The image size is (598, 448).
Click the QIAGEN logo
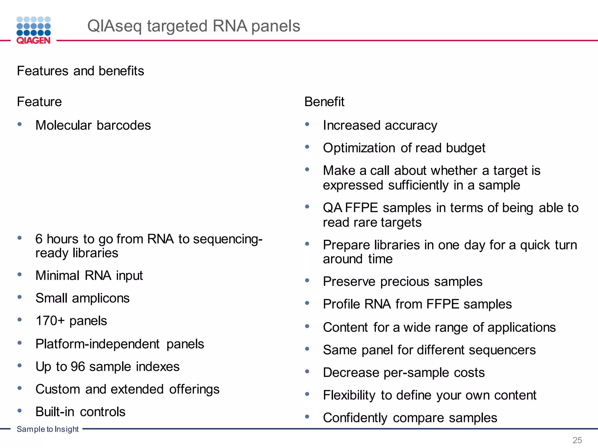[34, 30]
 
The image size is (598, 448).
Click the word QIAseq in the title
[114, 26]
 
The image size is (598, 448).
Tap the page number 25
[577, 440]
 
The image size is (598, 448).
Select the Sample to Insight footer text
[48, 429]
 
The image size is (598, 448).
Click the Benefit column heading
[324, 102]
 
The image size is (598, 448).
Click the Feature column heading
[39, 102]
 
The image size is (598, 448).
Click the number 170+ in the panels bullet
[50, 321]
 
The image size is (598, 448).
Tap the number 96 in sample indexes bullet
[78, 367]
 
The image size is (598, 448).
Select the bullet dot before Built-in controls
[20, 411]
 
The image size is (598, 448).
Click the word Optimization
[359, 148]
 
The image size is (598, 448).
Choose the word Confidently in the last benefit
[355, 418]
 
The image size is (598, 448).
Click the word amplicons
[101, 298]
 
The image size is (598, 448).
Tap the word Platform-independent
[97, 344]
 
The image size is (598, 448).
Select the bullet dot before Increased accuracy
[307, 124]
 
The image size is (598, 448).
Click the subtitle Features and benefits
[80, 71]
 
